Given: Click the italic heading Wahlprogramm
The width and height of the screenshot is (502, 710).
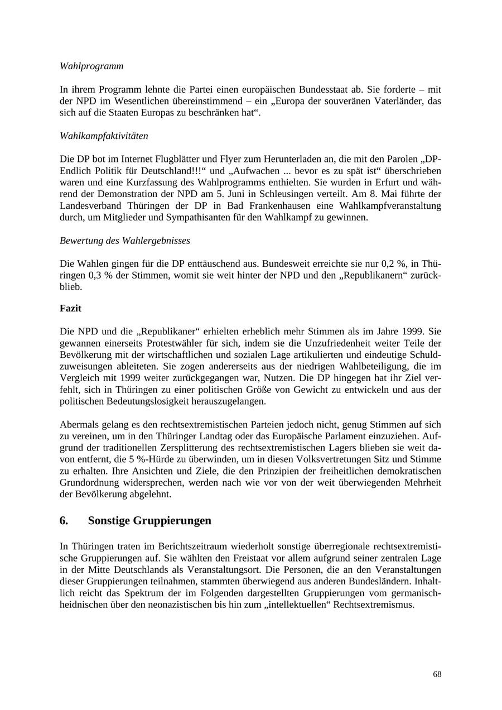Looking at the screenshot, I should pos(91,66).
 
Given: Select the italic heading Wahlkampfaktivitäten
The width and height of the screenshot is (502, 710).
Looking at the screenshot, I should pos(104,136).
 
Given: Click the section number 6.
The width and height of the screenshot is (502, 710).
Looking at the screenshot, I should pos(64,521).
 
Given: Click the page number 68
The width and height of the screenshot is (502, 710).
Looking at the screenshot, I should pos(437,674).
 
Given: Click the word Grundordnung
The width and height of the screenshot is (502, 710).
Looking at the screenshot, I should pos(89,483).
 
